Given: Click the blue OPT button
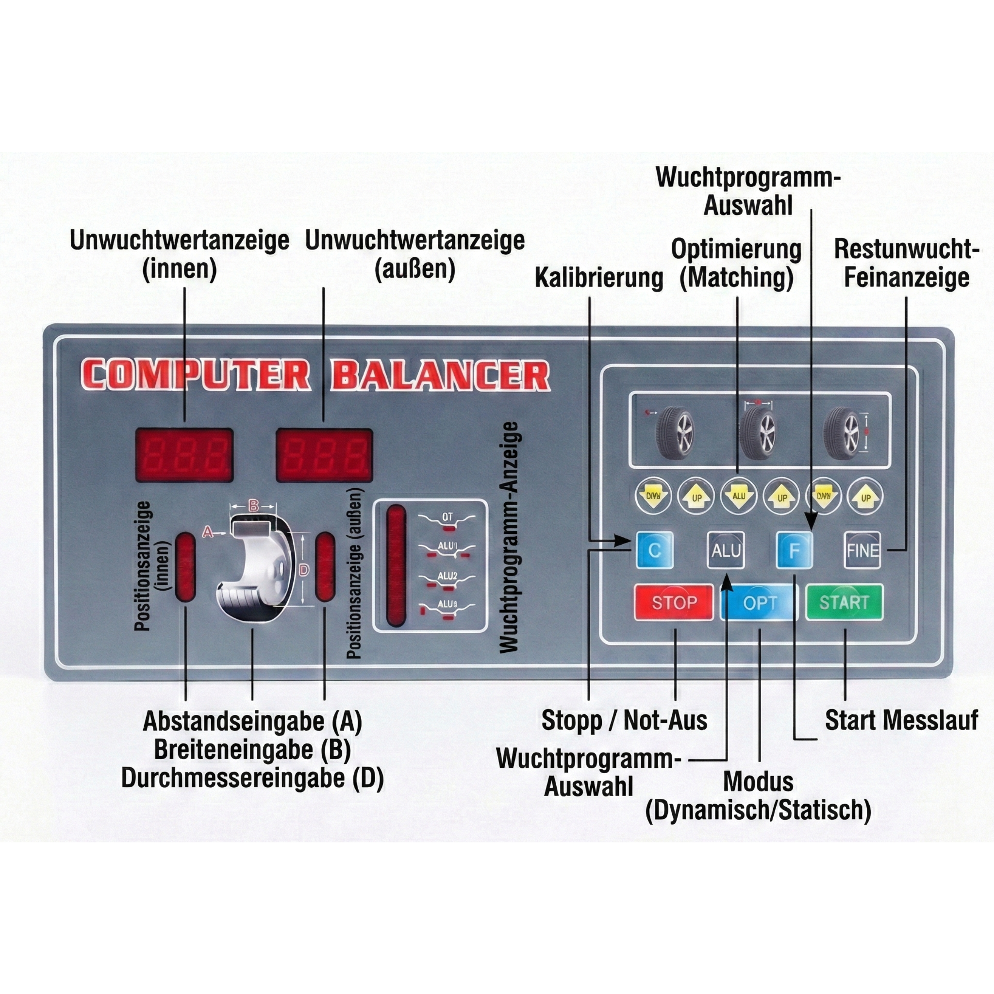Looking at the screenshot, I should coord(760,603).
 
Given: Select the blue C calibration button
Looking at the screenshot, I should coord(654,550).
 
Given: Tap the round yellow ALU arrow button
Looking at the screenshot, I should coord(739,497).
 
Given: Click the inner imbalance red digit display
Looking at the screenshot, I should coord(184,455).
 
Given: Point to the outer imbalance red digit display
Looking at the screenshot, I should coord(324,455).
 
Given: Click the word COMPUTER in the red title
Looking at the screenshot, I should coord(195,375).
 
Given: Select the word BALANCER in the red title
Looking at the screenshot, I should coord(441,375).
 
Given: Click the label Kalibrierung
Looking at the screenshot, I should coord(599,278).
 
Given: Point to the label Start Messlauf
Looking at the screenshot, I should coord(901,720).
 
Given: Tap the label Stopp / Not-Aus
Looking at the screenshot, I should coord(624,720).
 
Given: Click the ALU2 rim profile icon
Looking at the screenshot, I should coord(446,579).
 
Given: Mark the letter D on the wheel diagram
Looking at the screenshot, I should coord(304,570).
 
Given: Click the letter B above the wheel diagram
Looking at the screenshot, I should coord(253,506).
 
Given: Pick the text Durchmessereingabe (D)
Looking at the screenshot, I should coord(253,778).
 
